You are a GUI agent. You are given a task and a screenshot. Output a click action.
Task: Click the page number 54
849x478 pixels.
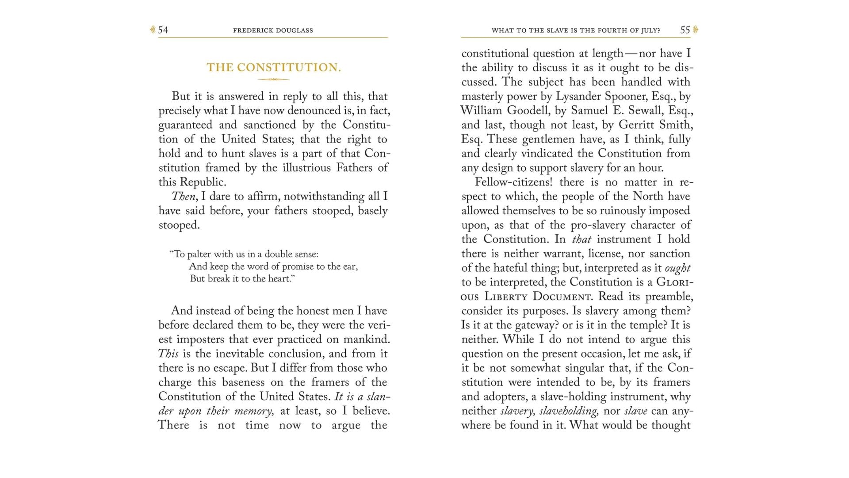point(163,30)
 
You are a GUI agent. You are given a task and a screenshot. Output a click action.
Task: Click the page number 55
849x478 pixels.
point(685,30)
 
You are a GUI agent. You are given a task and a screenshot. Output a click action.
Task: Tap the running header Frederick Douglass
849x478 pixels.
point(273,31)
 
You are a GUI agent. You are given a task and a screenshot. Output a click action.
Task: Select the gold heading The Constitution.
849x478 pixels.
point(274,67)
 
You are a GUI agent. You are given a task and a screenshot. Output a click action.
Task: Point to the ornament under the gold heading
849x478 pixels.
point(274,80)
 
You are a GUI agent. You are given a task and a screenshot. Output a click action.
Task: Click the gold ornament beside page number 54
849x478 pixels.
point(153,30)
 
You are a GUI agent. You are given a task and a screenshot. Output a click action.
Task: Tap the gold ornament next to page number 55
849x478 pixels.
point(695,30)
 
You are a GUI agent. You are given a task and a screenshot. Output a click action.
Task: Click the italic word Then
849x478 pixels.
point(183,197)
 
